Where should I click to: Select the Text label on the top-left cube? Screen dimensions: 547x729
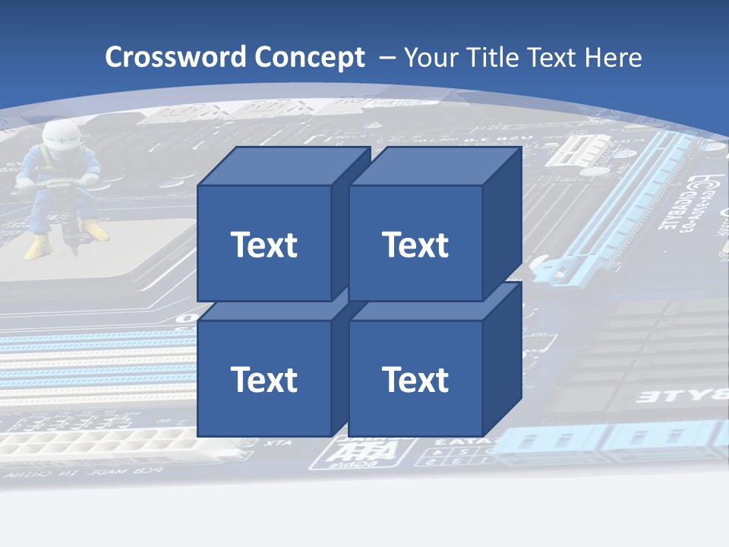click(x=264, y=245)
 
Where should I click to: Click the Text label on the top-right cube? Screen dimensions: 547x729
click(x=415, y=245)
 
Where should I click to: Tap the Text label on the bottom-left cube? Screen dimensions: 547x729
click(x=264, y=379)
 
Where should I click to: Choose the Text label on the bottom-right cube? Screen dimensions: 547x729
click(x=415, y=379)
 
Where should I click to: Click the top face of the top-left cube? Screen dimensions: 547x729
click(x=283, y=166)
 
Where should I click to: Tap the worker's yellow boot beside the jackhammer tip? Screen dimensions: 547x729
click(x=94, y=230)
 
